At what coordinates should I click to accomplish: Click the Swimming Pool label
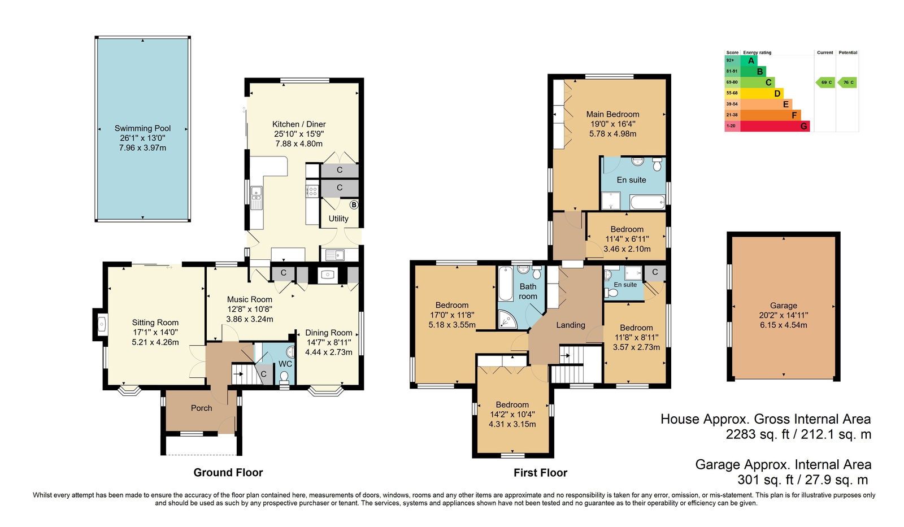(x=142, y=128)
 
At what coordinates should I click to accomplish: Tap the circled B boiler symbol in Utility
(x=354, y=205)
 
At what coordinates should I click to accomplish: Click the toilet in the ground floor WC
(x=284, y=377)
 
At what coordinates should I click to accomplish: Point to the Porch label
(x=201, y=408)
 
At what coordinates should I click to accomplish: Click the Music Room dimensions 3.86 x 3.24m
(x=249, y=319)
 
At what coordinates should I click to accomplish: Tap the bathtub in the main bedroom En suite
(x=647, y=202)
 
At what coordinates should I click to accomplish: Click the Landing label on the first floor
(x=570, y=325)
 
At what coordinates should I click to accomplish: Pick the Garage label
(x=783, y=306)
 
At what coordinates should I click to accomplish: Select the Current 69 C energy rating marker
(x=825, y=82)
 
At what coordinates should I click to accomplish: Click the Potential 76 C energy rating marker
(x=847, y=82)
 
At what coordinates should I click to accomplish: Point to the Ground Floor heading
(x=228, y=473)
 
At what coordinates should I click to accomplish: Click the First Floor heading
(x=540, y=473)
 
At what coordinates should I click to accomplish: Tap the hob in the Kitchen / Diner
(x=312, y=191)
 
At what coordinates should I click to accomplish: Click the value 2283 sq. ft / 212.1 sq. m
(x=798, y=434)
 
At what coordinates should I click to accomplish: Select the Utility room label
(x=338, y=218)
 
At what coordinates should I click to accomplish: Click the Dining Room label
(x=328, y=333)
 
